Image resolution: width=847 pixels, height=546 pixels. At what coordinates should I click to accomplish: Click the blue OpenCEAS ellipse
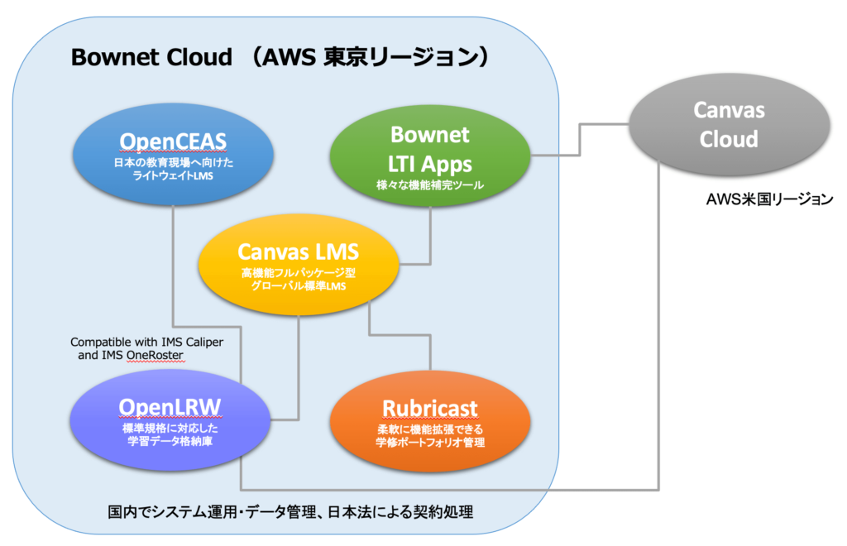click(x=173, y=155)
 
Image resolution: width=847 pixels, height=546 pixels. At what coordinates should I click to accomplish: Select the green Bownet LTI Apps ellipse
click(x=430, y=156)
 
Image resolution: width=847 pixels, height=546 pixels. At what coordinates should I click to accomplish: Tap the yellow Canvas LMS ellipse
click(x=299, y=265)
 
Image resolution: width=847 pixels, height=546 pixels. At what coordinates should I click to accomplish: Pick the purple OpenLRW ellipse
click(x=170, y=421)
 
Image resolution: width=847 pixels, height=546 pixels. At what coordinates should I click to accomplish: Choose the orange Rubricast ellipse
click(x=430, y=421)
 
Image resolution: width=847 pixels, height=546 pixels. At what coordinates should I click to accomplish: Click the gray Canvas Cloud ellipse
click(x=730, y=125)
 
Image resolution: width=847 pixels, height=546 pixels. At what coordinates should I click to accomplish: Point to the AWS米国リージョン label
click(x=770, y=199)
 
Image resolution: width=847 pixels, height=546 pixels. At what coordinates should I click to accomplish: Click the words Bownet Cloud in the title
click(x=152, y=57)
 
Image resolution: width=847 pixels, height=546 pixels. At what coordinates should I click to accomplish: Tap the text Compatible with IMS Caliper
click(x=147, y=342)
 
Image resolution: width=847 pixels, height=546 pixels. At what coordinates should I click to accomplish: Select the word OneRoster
click(x=155, y=355)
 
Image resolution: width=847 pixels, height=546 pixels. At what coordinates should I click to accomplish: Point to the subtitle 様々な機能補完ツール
click(x=430, y=185)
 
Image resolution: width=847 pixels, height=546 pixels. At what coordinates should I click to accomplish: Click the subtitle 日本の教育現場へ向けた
click(x=174, y=162)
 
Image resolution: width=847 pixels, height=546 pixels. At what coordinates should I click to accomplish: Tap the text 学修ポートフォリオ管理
click(x=430, y=443)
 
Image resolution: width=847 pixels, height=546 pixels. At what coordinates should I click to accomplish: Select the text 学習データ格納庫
click(x=170, y=441)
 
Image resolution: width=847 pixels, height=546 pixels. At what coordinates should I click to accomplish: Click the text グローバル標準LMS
click(x=299, y=285)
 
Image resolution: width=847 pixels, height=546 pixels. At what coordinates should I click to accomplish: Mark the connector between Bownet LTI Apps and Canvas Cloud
click(x=580, y=140)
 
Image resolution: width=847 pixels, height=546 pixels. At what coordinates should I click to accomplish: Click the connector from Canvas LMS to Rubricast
click(x=400, y=335)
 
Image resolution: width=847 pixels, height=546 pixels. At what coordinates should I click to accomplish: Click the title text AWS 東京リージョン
click(x=372, y=57)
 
